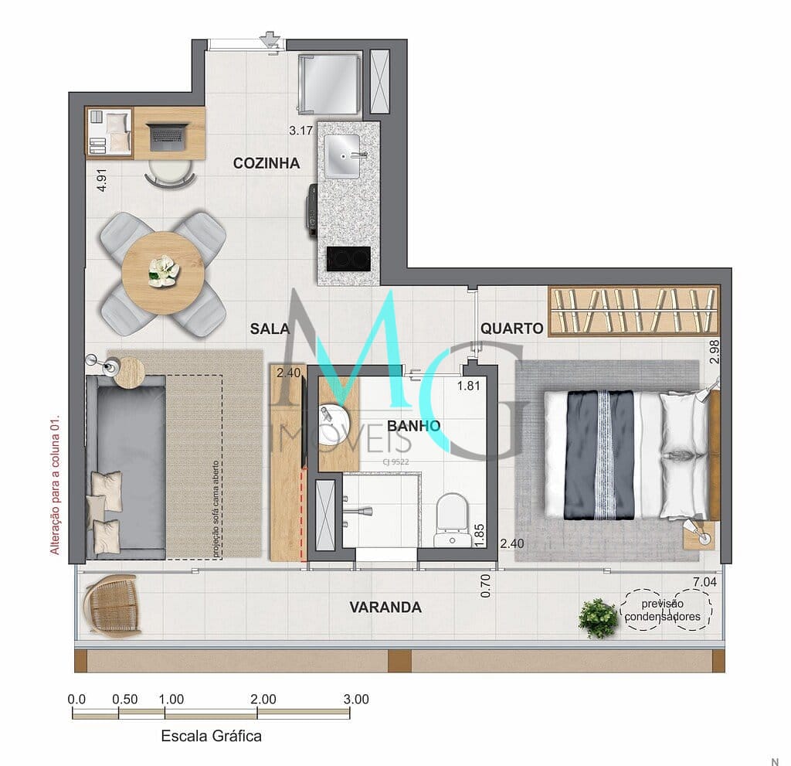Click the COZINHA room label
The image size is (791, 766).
[266, 163]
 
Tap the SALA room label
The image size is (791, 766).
[270, 329]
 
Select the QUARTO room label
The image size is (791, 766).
[511, 329]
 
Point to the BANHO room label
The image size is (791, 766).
[414, 426]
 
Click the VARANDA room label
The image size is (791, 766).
[385, 607]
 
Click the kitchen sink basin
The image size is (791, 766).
[342, 157]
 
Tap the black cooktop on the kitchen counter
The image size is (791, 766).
[348, 259]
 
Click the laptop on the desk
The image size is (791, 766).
[169, 136]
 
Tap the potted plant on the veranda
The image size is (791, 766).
[599, 618]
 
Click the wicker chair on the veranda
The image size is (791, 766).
[113, 605]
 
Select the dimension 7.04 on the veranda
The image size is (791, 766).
[704, 582]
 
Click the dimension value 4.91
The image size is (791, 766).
[102, 180]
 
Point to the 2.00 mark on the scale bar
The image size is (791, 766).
[263, 700]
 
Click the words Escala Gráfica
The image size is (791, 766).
[212, 736]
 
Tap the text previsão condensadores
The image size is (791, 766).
[663, 610]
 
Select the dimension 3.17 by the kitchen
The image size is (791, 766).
[300, 131]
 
